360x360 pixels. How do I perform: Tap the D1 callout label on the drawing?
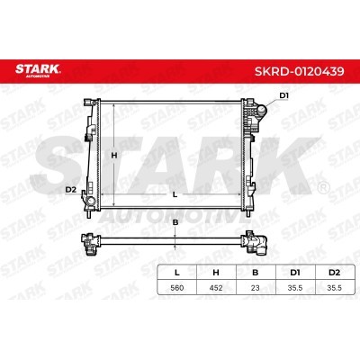(283, 95)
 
